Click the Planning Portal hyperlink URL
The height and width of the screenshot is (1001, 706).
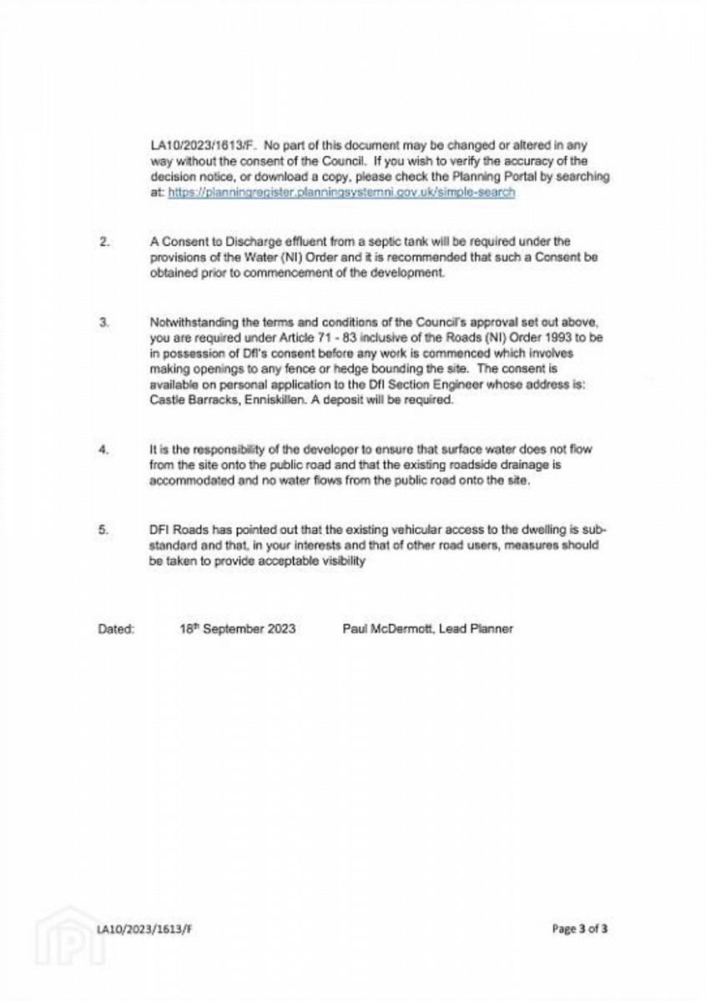[341, 192]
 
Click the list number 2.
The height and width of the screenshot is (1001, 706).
[104, 243]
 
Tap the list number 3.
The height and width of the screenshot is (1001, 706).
[104, 323]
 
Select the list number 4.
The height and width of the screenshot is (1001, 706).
[104, 450]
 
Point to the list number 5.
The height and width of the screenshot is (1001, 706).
[104, 529]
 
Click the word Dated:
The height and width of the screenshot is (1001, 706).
[116, 629]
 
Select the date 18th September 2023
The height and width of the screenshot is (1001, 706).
[237, 629]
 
